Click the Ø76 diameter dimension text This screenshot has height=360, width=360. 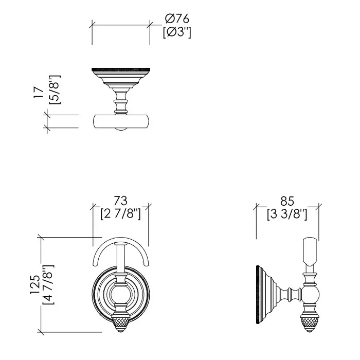point(177,19)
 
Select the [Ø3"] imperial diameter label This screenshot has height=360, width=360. point(177,32)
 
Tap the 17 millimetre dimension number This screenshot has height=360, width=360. point(39,93)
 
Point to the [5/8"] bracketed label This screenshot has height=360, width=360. point(55,90)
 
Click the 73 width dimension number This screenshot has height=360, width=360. point(120,201)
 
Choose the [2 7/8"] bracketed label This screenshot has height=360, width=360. point(120,214)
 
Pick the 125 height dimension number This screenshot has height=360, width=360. point(35,284)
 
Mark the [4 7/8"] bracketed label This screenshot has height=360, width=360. point(48,284)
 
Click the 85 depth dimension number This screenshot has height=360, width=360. point(287,201)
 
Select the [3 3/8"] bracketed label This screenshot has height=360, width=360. point(287,214)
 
